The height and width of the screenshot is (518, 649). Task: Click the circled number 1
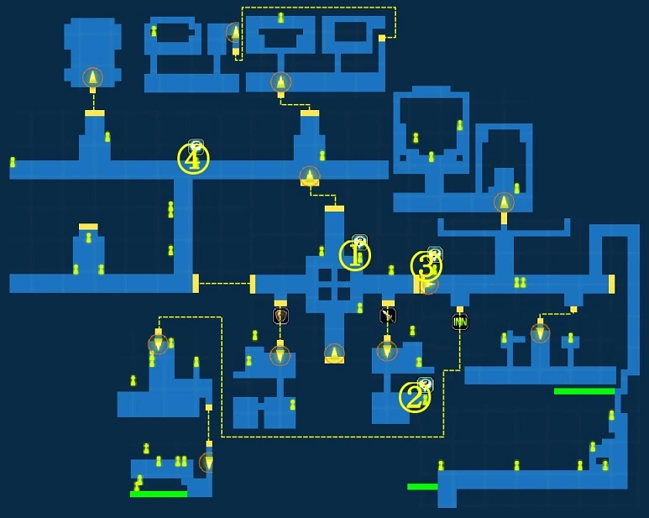[354, 255]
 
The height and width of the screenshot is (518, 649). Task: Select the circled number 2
[413, 397]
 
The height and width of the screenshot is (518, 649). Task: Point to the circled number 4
[193, 159]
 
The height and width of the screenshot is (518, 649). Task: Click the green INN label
[460, 322]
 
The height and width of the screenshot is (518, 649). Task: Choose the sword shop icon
[387, 316]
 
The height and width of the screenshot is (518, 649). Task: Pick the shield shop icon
[280, 316]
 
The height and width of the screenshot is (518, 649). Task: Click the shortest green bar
[422, 486]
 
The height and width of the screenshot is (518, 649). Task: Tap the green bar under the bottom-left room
[159, 494]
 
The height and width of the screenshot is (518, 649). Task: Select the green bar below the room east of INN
[584, 391]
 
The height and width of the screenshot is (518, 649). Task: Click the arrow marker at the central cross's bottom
[334, 353]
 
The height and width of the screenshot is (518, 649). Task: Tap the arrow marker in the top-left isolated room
[92, 78]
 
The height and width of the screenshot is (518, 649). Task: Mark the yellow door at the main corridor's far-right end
[611, 284]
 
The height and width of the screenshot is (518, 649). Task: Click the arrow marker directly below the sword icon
[387, 349]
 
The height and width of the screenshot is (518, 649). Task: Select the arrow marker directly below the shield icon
[280, 355]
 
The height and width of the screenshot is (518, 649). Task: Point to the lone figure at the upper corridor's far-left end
[13, 162]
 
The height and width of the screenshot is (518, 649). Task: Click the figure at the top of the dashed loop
[280, 18]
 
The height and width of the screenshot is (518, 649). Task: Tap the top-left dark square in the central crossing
[325, 275]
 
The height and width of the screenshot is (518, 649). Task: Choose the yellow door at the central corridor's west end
[252, 284]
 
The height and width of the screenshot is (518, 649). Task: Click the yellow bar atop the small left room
[88, 227]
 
